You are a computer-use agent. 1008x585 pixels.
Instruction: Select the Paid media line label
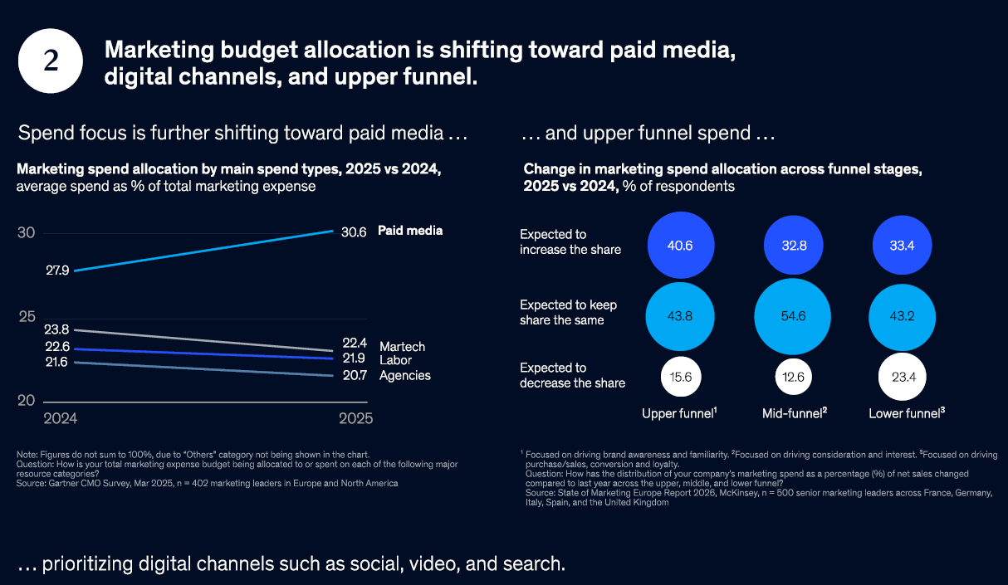(x=410, y=231)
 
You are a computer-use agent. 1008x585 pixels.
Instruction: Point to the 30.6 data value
(x=354, y=232)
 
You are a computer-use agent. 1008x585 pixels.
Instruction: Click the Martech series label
(x=402, y=347)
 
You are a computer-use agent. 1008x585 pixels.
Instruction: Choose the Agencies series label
(x=404, y=376)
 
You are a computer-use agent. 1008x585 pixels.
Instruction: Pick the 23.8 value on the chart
(x=56, y=329)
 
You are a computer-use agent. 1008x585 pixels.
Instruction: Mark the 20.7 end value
(x=354, y=376)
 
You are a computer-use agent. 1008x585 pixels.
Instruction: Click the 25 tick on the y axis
(x=27, y=317)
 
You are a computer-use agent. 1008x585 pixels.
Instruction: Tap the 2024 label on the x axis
(x=61, y=419)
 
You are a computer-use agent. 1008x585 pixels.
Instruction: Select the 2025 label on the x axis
(x=355, y=419)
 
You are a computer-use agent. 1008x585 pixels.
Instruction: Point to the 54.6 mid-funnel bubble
(x=791, y=316)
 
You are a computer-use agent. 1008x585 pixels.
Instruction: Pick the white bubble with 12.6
(x=791, y=378)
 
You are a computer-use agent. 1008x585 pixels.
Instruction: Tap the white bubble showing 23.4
(x=902, y=378)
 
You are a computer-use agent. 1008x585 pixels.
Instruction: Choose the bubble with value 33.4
(x=902, y=246)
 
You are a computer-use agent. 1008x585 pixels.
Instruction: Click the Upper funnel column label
(x=679, y=413)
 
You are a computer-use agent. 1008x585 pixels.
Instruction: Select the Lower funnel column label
(x=905, y=413)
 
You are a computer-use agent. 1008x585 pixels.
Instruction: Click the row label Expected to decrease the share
(x=572, y=375)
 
